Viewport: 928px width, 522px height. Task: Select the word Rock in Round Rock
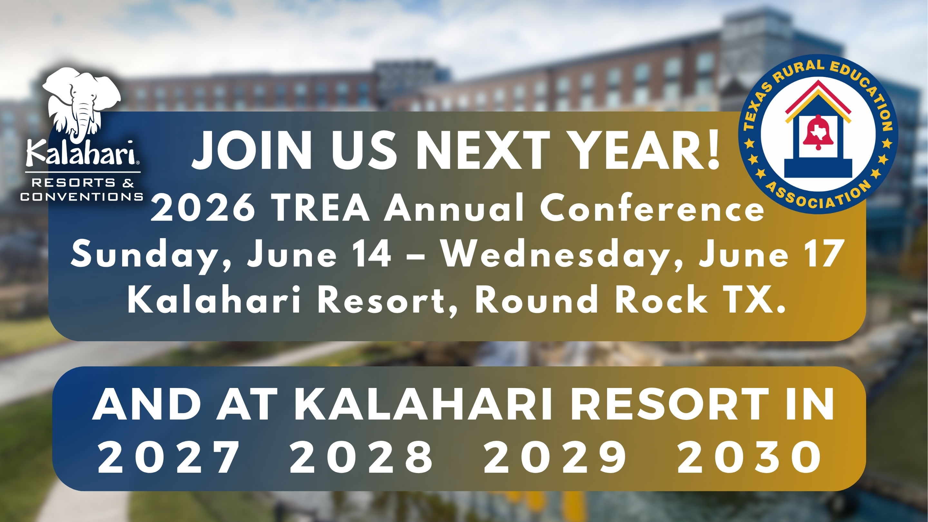pyautogui.click(x=661, y=300)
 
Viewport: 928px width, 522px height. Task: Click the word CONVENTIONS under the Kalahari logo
pyautogui.click(x=82, y=197)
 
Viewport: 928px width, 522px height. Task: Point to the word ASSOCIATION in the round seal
pyautogui.click(x=818, y=196)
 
